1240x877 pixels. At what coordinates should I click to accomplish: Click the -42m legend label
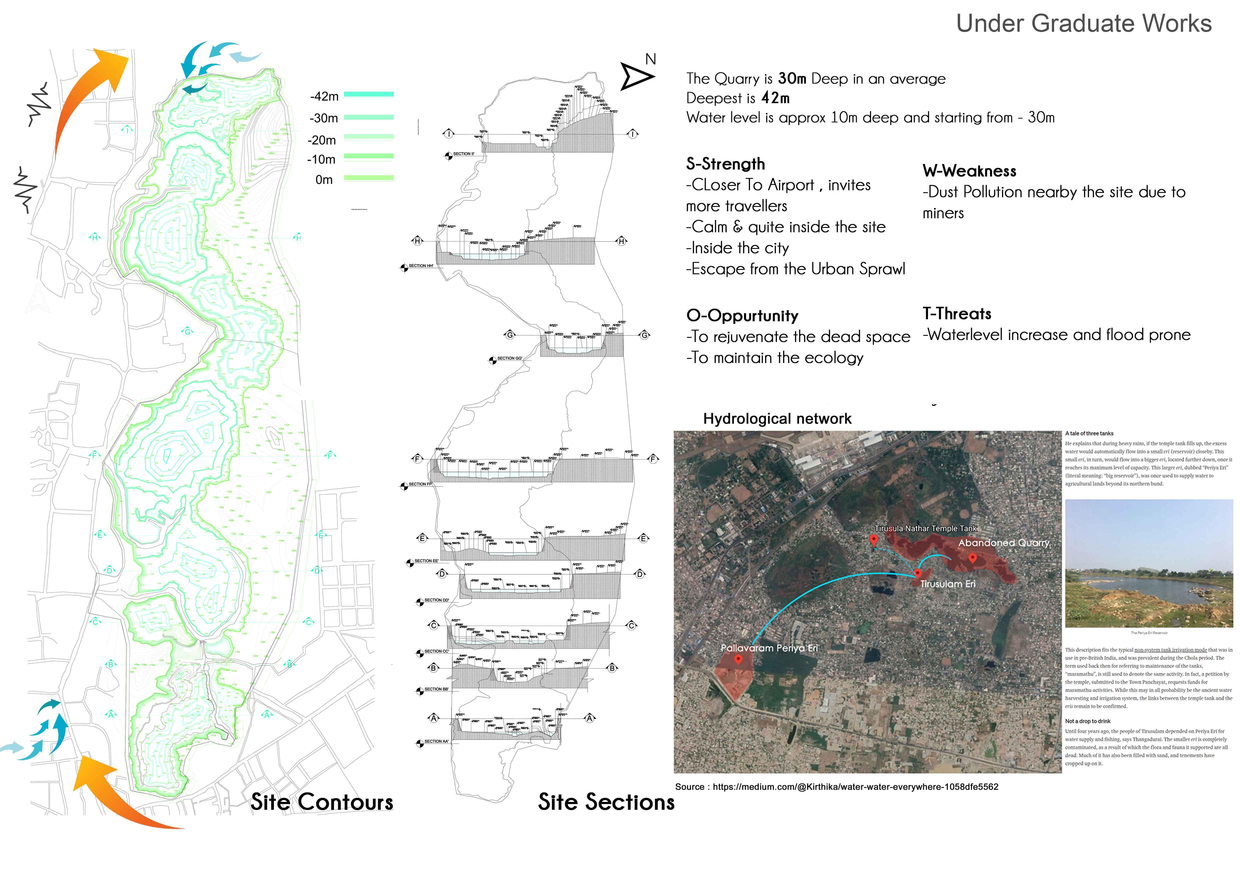point(324,97)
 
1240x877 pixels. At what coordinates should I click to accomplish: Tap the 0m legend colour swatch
point(369,178)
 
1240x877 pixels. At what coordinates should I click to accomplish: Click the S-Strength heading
point(725,164)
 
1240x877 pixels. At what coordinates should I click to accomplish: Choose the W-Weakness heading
point(969,171)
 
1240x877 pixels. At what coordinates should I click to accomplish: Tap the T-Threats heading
point(957,314)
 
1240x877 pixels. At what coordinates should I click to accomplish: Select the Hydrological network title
point(777,419)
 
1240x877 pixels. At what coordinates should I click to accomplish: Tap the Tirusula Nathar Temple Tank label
point(926,529)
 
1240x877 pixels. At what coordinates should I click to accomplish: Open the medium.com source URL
point(855,787)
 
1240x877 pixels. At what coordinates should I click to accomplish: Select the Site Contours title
point(322,802)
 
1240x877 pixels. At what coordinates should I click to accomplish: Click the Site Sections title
point(606,802)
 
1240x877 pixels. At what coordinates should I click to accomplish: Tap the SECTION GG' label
point(509,358)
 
